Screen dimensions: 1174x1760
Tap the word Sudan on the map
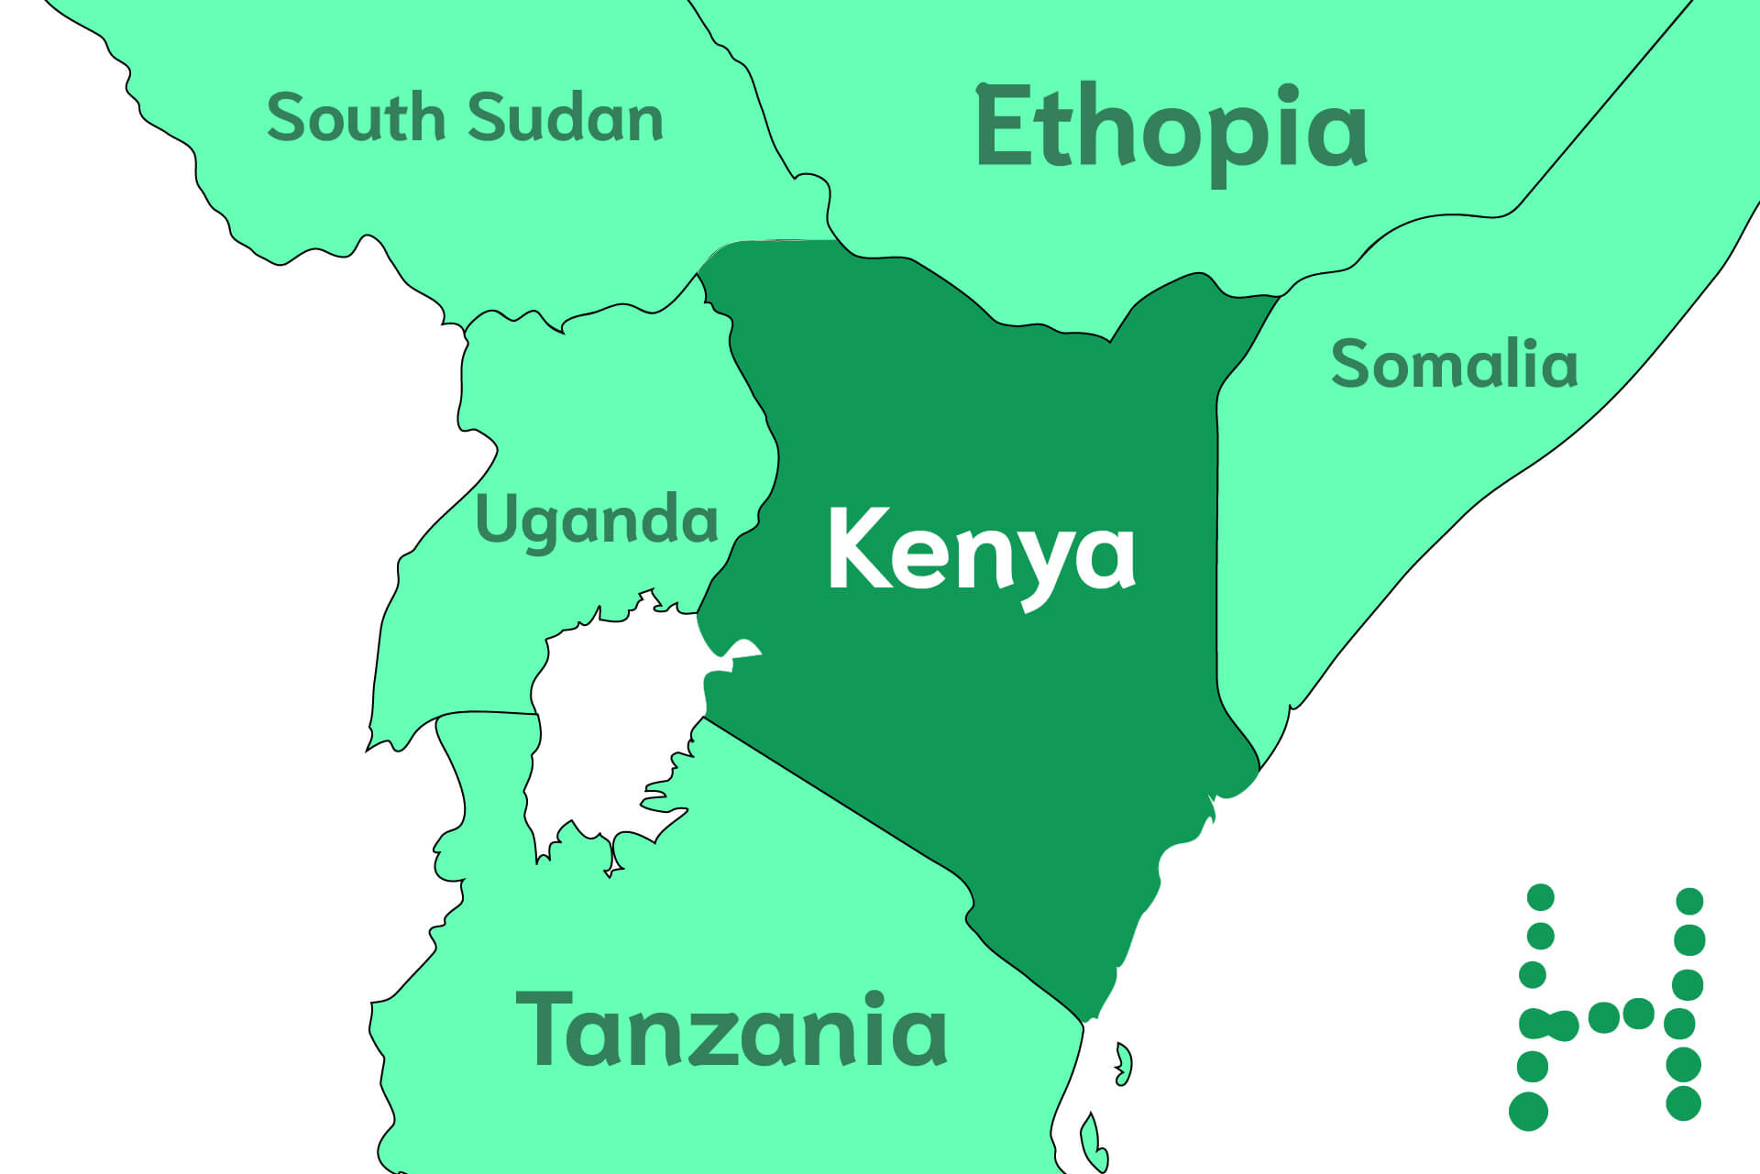pyautogui.click(x=565, y=118)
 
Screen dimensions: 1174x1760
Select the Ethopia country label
pyautogui.click(x=1171, y=128)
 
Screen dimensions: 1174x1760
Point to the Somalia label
pyautogui.click(x=1454, y=364)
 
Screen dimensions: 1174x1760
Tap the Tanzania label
pyautogui.click(x=731, y=1030)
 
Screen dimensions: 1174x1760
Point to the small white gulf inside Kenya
pyautogui.click(x=739, y=652)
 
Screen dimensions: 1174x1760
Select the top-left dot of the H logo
pyautogui.click(x=1541, y=897)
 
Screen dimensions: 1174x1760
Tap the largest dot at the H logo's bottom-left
pyautogui.click(x=1528, y=1111)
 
